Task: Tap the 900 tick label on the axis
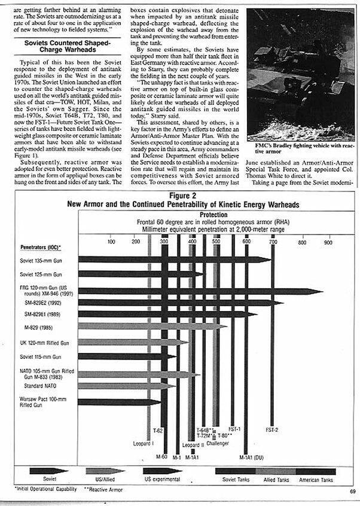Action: [x=328, y=242]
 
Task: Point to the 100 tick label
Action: [x=111, y=242]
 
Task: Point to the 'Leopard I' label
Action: [x=144, y=443]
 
